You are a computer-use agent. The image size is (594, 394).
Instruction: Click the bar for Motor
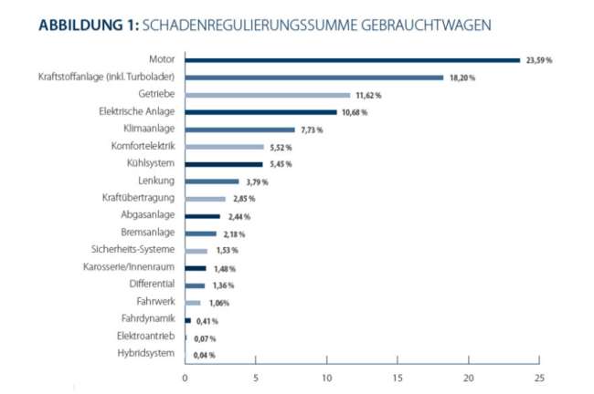pos(352,60)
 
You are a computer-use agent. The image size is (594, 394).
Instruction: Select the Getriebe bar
pos(267,95)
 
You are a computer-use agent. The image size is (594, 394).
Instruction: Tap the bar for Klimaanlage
pos(239,130)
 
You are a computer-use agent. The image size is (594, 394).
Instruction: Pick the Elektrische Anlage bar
pos(260,112)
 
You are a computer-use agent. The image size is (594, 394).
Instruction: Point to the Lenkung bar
pos(211,181)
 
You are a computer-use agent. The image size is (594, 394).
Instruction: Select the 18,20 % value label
pos(462,78)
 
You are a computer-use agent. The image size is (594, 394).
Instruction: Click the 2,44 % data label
pos(238,216)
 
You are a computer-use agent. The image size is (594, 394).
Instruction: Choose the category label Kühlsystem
pos(150,163)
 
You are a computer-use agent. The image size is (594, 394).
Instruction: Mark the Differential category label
pos(150,284)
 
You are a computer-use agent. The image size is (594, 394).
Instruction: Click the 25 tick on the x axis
pos(539,377)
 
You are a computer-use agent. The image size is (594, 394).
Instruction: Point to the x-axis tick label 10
pos(326,377)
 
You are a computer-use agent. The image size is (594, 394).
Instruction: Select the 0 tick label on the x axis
pos(185,377)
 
